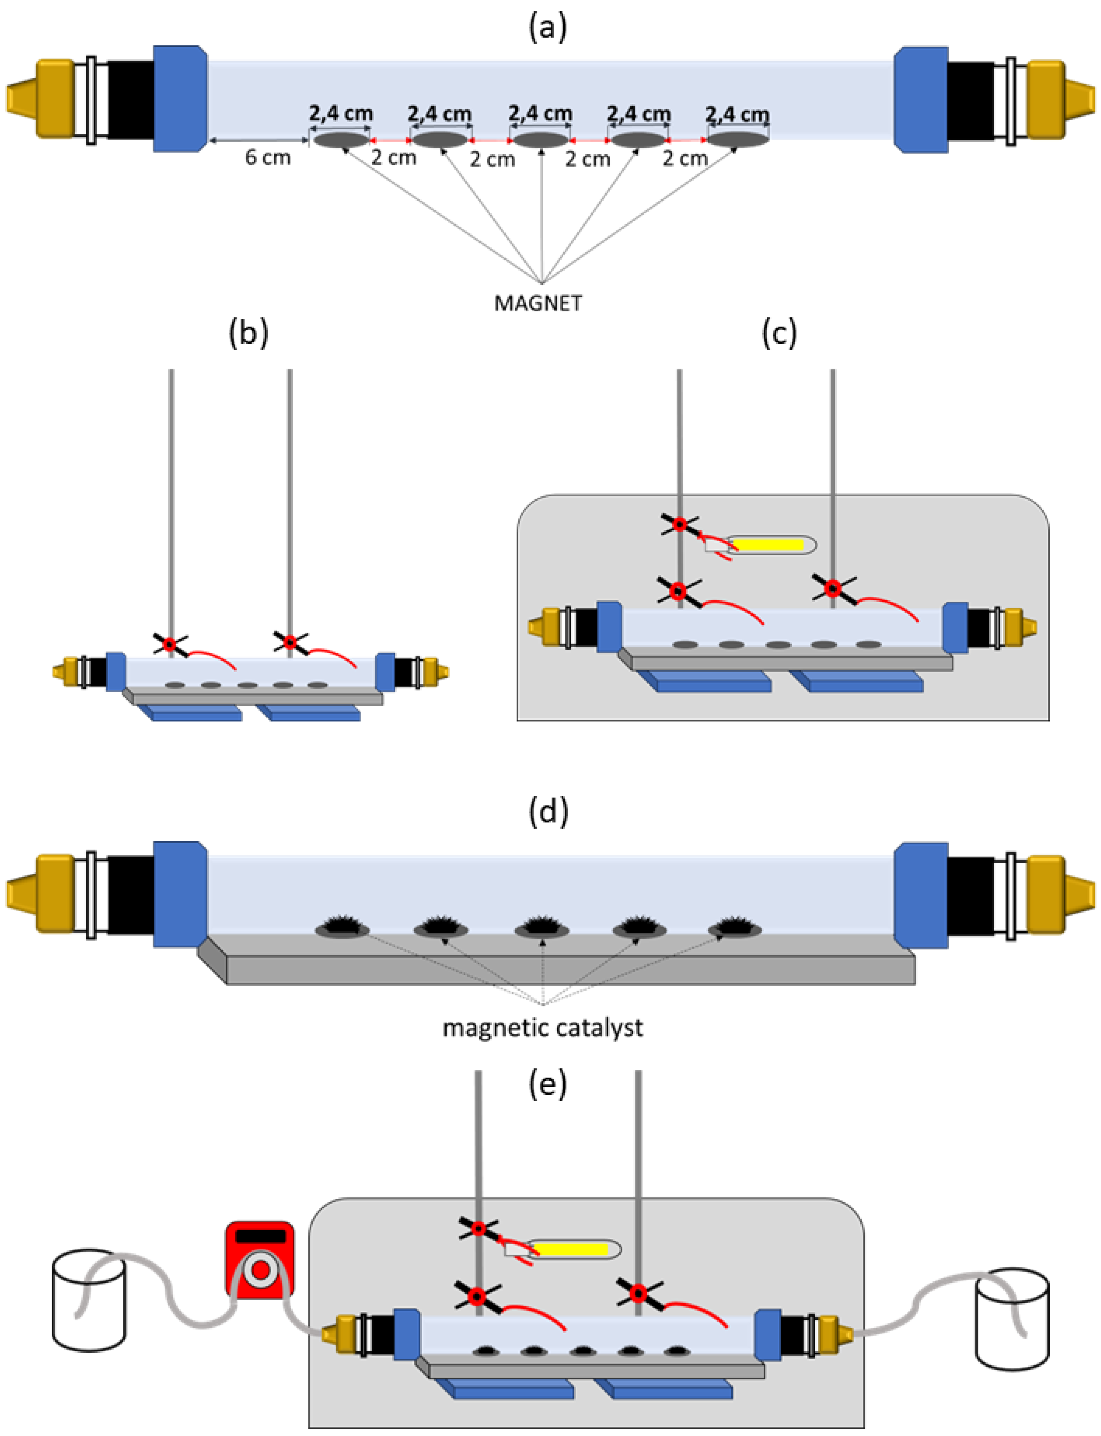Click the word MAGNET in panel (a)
pyautogui.click(x=537, y=303)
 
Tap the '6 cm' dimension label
pyautogui.click(x=267, y=157)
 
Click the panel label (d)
pyautogui.click(x=548, y=811)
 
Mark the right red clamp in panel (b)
pyautogui.click(x=290, y=642)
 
